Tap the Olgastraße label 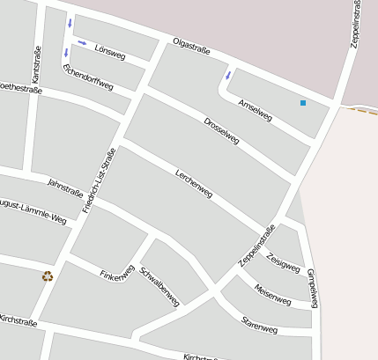click(191, 46)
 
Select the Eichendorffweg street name click(88, 77)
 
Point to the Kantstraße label click(37, 66)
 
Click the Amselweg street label click(256, 110)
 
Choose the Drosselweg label click(221, 129)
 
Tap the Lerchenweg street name click(194, 182)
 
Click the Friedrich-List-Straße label click(99, 180)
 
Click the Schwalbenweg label click(159, 285)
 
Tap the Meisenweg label click(272, 294)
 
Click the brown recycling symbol click(48, 276)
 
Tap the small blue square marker click(303, 103)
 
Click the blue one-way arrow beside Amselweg click(228, 75)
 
